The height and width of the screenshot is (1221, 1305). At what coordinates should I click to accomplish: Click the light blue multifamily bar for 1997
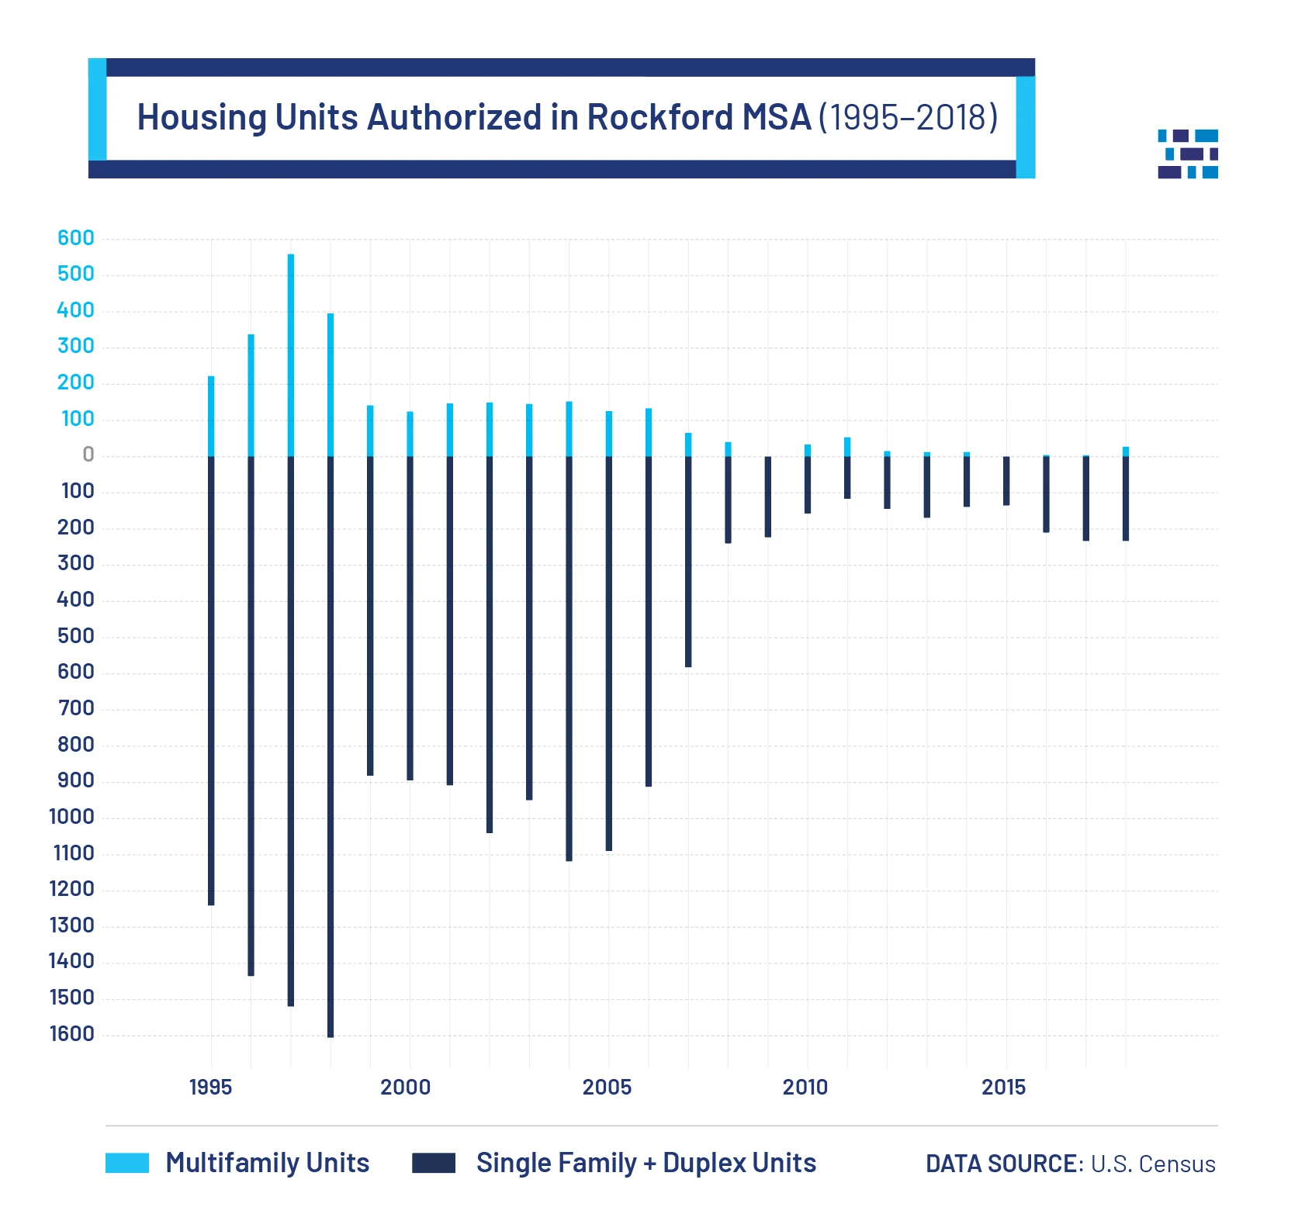[x=291, y=355]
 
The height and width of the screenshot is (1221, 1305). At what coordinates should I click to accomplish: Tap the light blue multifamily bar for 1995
[x=211, y=417]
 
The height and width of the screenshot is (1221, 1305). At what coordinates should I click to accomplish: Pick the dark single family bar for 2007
[x=688, y=561]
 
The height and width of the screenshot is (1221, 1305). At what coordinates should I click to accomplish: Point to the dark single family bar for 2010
[x=808, y=485]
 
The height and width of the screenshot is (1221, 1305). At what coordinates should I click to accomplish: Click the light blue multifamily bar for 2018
[x=1126, y=451]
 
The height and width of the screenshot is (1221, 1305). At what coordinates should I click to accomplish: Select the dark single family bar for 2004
[x=569, y=658]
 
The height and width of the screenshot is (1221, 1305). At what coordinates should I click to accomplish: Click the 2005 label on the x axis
[x=607, y=1087]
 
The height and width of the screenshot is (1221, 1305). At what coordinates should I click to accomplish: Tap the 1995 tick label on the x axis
[x=210, y=1087]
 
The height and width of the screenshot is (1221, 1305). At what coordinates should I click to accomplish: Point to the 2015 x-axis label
[x=1003, y=1087]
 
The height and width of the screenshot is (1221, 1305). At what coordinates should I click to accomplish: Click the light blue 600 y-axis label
[x=76, y=238]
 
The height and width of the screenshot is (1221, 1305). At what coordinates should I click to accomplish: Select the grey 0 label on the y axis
[x=88, y=455]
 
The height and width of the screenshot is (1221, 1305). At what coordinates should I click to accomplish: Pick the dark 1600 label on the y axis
[x=71, y=1033]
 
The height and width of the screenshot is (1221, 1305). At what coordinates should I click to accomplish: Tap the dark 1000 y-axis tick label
[x=71, y=816]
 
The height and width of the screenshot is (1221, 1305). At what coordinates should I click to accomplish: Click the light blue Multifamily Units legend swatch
[x=127, y=1163]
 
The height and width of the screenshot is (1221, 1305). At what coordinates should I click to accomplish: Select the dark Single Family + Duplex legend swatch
[x=433, y=1163]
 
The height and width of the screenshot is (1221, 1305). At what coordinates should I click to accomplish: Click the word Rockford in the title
[x=660, y=117]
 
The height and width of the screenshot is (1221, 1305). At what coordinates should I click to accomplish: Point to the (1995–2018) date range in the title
[x=908, y=117]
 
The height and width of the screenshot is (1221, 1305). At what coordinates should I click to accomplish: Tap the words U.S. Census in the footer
[x=1153, y=1164]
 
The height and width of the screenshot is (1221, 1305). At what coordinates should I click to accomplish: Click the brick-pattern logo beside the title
[x=1187, y=154]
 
